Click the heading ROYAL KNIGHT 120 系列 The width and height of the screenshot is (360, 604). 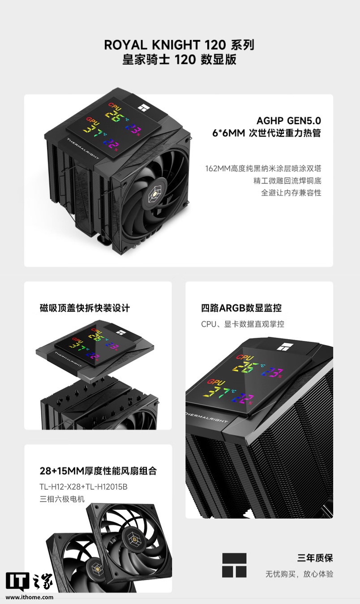[x=179, y=45]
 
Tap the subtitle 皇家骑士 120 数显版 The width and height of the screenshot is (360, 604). [x=179, y=60]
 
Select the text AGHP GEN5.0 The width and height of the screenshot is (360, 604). [x=289, y=121]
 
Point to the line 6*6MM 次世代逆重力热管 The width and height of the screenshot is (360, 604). [x=266, y=133]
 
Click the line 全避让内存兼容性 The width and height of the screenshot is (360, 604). [x=291, y=193]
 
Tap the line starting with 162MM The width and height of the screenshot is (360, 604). [x=263, y=168]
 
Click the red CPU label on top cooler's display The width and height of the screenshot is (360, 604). [x=115, y=107]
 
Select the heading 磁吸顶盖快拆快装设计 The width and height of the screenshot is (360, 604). [x=85, y=308]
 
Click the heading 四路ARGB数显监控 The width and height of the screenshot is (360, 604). [x=241, y=308]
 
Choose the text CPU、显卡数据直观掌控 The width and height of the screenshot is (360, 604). [x=243, y=324]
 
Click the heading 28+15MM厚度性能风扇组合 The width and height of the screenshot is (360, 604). [x=99, y=471]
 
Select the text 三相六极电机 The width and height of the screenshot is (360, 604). [x=62, y=499]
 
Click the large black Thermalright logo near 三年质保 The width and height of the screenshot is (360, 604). [x=234, y=565]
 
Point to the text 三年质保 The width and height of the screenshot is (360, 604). [x=315, y=558]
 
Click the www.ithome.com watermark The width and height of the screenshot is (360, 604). [x=30, y=597]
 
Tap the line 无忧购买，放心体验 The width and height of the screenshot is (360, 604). [x=300, y=574]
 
